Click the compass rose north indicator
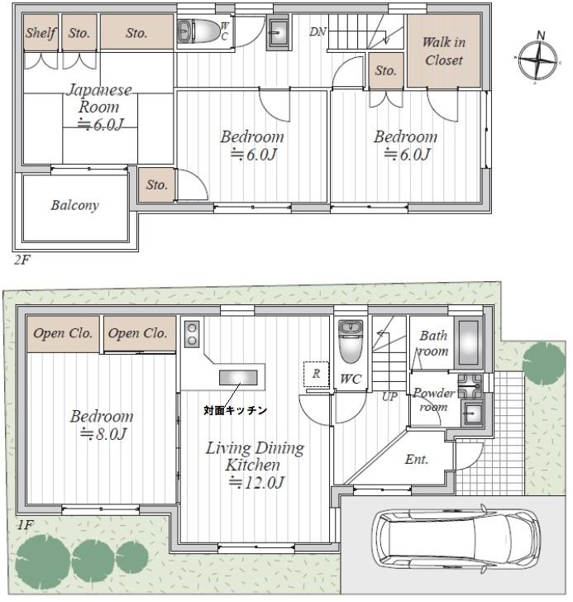541,36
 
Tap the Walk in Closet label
444,51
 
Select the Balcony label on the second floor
75,205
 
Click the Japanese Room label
99,98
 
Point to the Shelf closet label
41,32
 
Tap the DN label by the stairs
318,32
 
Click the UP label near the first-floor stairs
389,397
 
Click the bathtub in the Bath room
469,343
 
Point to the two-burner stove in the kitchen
192,333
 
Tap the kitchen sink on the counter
238,377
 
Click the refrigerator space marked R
316,374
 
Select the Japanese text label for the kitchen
235,410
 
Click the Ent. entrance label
417,459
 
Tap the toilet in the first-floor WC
350,342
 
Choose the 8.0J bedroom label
102,425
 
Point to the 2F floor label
21,260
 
